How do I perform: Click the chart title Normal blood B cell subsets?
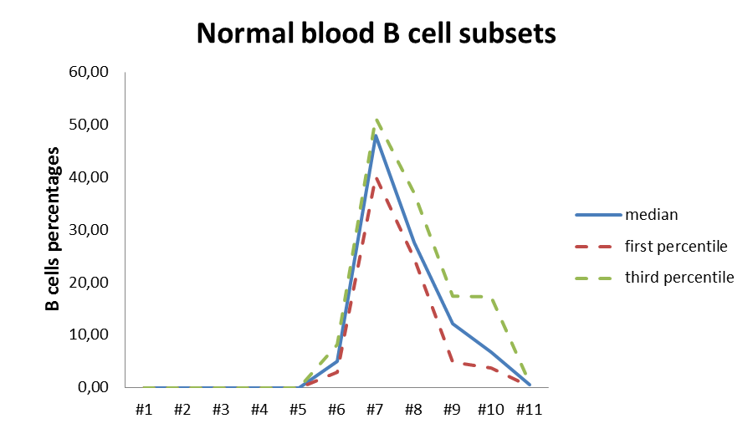(376, 33)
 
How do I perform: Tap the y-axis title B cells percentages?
(52, 229)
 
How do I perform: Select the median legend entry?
(651, 214)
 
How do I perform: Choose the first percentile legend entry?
(675, 246)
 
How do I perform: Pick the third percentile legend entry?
(679, 278)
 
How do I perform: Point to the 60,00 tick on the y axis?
(92, 73)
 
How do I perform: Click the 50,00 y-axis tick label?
(92, 125)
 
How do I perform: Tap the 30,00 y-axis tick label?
(92, 230)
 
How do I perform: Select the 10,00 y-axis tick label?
(92, 334)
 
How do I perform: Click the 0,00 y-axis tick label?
(95, 387)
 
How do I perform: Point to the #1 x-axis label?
(144, 410)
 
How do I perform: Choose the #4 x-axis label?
(259, 410)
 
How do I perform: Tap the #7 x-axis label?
(375, 410)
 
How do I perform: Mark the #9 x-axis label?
(452, 410)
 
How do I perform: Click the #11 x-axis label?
(529, 410)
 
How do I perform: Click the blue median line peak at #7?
(375, 135)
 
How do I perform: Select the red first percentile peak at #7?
(376, 177)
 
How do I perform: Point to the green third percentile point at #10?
(490, 297)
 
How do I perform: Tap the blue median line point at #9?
(452, 324)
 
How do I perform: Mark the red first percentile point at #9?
(452, 361)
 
